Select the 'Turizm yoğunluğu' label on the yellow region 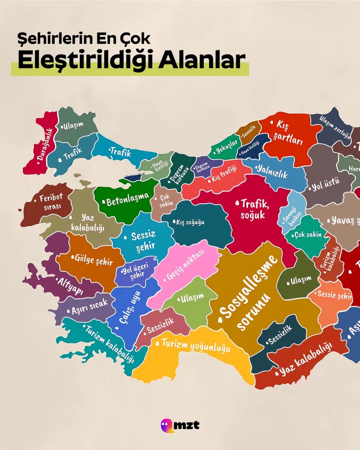pyautogui.click(x=194, y=345)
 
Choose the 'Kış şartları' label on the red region pyautogui.click(x=287, y=133)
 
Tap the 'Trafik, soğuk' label pyautogui.click(x=254, y=209)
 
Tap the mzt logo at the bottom pyautogui.click(x=180, y=425)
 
